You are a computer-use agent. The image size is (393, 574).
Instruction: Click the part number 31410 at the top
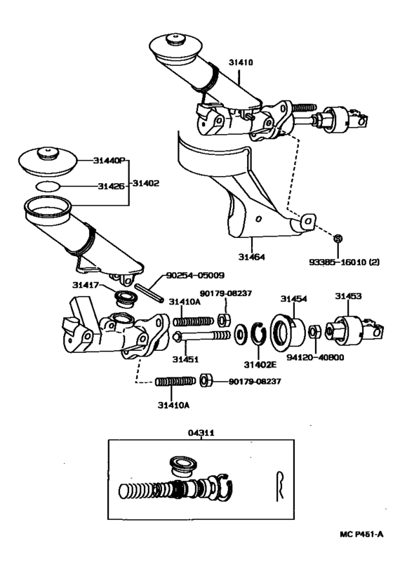click(x=239, y=62)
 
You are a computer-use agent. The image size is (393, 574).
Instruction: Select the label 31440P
click(x=108, y=161)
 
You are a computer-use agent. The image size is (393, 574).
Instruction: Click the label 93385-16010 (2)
click(x=344, y=262)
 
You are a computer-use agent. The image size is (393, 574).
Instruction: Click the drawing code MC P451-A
click(x=361, y=535)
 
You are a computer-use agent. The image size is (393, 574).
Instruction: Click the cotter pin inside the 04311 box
click(x=280, y=483)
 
